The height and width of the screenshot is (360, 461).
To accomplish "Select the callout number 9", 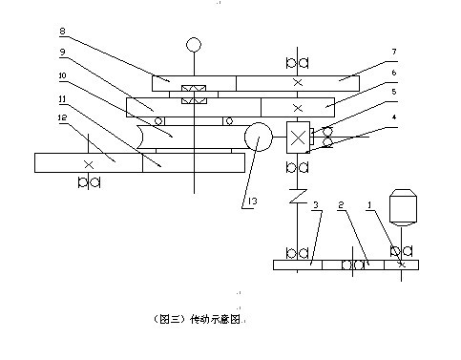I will click(62, 51).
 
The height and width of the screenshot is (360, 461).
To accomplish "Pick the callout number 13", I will click(250, 201).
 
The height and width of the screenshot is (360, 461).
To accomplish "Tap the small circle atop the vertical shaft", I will click(194, 44).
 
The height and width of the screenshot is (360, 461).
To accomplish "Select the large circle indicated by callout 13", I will click(258, 138).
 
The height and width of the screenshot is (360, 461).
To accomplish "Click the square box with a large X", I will click(299, 138).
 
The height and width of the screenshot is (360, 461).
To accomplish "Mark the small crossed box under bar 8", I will click(194, 93).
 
